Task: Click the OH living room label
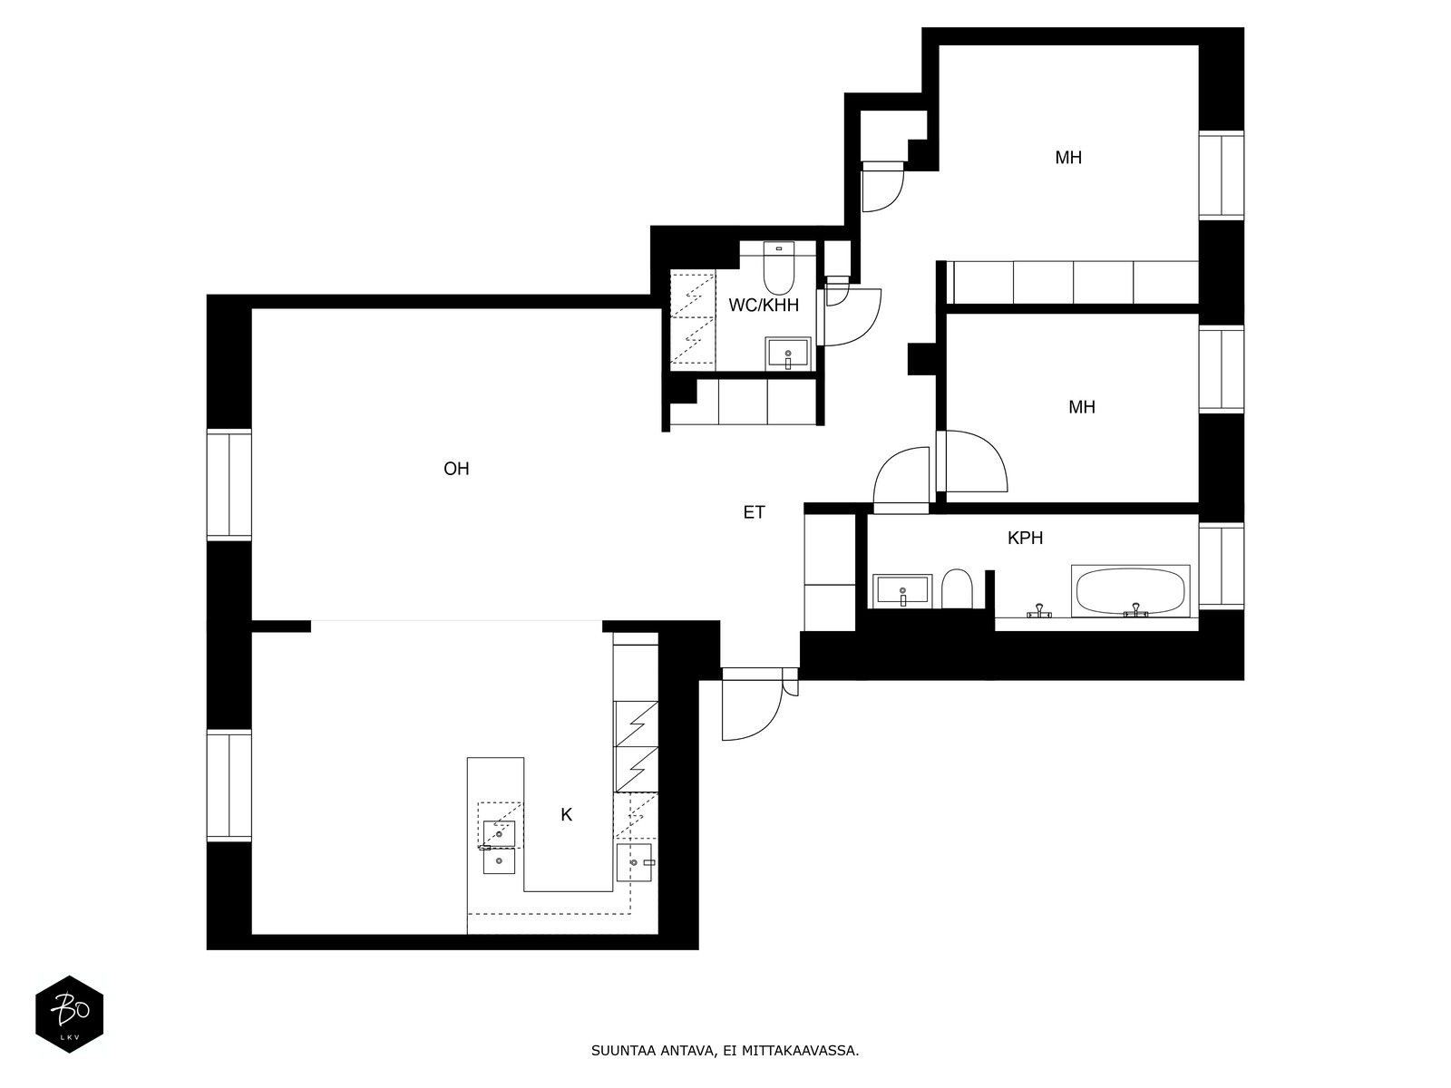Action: tap(456, 469)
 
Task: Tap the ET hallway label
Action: tap(754, 512)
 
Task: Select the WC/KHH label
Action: tap(764, 306)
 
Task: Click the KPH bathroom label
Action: tap(1025, 538)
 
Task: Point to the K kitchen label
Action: tap(566, 815)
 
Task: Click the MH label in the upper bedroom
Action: tap(1068, 158)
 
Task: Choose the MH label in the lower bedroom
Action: tap(1081, 407)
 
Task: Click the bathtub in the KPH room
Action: tap(1131, 592)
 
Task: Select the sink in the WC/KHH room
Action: tap(788, 353)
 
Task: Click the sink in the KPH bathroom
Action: tap(902, 591)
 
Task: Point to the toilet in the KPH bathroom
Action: tap(956, 589)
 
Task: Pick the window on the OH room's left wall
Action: tap(229, 485)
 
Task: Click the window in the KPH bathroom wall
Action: tap(1221, 567)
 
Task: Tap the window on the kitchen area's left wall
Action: tap(229, 786)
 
